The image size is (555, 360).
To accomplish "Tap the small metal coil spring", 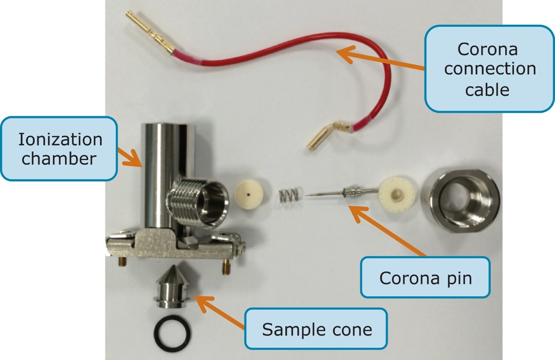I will click(x=289, y=196).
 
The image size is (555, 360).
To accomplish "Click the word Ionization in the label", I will click(x=60, y=140).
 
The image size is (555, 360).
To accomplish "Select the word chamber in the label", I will click(x=59, y=159).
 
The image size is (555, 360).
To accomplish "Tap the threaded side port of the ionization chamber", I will click(x=197, y=202).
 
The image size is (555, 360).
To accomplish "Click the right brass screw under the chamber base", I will click(x=225, y=267).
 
